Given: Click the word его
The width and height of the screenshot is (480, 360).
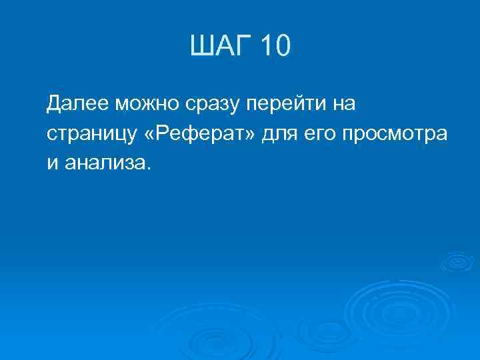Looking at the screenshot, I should (321, 133).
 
